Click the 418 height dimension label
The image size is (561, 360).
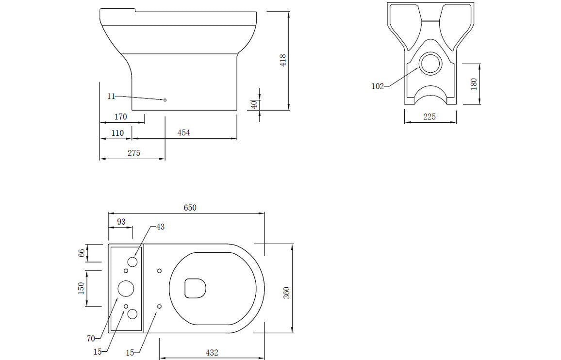point(283,60)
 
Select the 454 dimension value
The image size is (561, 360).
point(183,132)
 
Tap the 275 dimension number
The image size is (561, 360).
point(134,153)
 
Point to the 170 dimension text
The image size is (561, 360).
point(120,116)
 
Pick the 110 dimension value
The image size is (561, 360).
point(117,133)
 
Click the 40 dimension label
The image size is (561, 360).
point(253,104)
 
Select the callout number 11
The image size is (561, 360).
point(111,96)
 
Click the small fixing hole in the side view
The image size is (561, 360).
point(165,100)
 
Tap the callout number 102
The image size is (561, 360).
point(378,86)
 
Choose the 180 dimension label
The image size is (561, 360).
point(474,83)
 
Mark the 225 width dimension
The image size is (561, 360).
point(429,116)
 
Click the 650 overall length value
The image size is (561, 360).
point(190,207)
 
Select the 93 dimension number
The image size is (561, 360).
point(121,221)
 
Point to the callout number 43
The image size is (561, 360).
point(161,227)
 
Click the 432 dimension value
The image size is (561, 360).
point(212,352)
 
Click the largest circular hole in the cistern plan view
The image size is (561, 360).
point(126,288)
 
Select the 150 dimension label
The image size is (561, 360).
point(81,288)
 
